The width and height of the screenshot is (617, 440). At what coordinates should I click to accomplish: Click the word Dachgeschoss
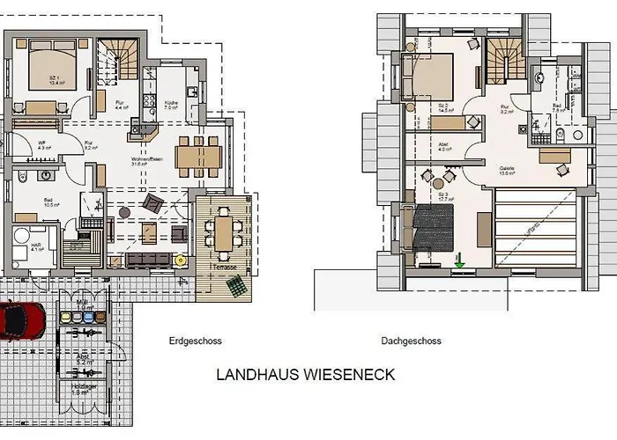point(411,341)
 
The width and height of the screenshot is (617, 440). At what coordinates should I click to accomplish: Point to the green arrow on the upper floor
point(459,260)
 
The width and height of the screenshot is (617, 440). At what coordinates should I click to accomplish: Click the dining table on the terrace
point(225,231)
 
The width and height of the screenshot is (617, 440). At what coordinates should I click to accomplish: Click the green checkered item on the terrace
point(235,286)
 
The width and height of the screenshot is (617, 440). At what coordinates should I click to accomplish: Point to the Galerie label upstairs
point(508,169)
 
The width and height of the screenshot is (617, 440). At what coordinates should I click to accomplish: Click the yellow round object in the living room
point(180,260)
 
